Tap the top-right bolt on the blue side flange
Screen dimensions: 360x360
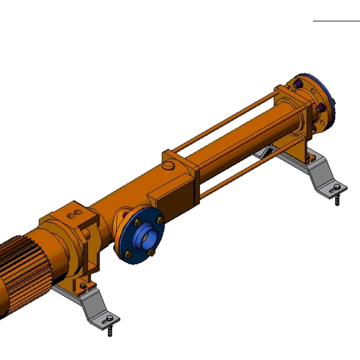click(159, 220)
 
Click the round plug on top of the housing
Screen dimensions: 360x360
click(169, 166)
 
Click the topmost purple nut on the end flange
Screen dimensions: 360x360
click(299, 82)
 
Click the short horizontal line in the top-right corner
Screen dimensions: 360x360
click(336, 22)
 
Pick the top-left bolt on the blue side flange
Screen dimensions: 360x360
click(137, 223)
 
